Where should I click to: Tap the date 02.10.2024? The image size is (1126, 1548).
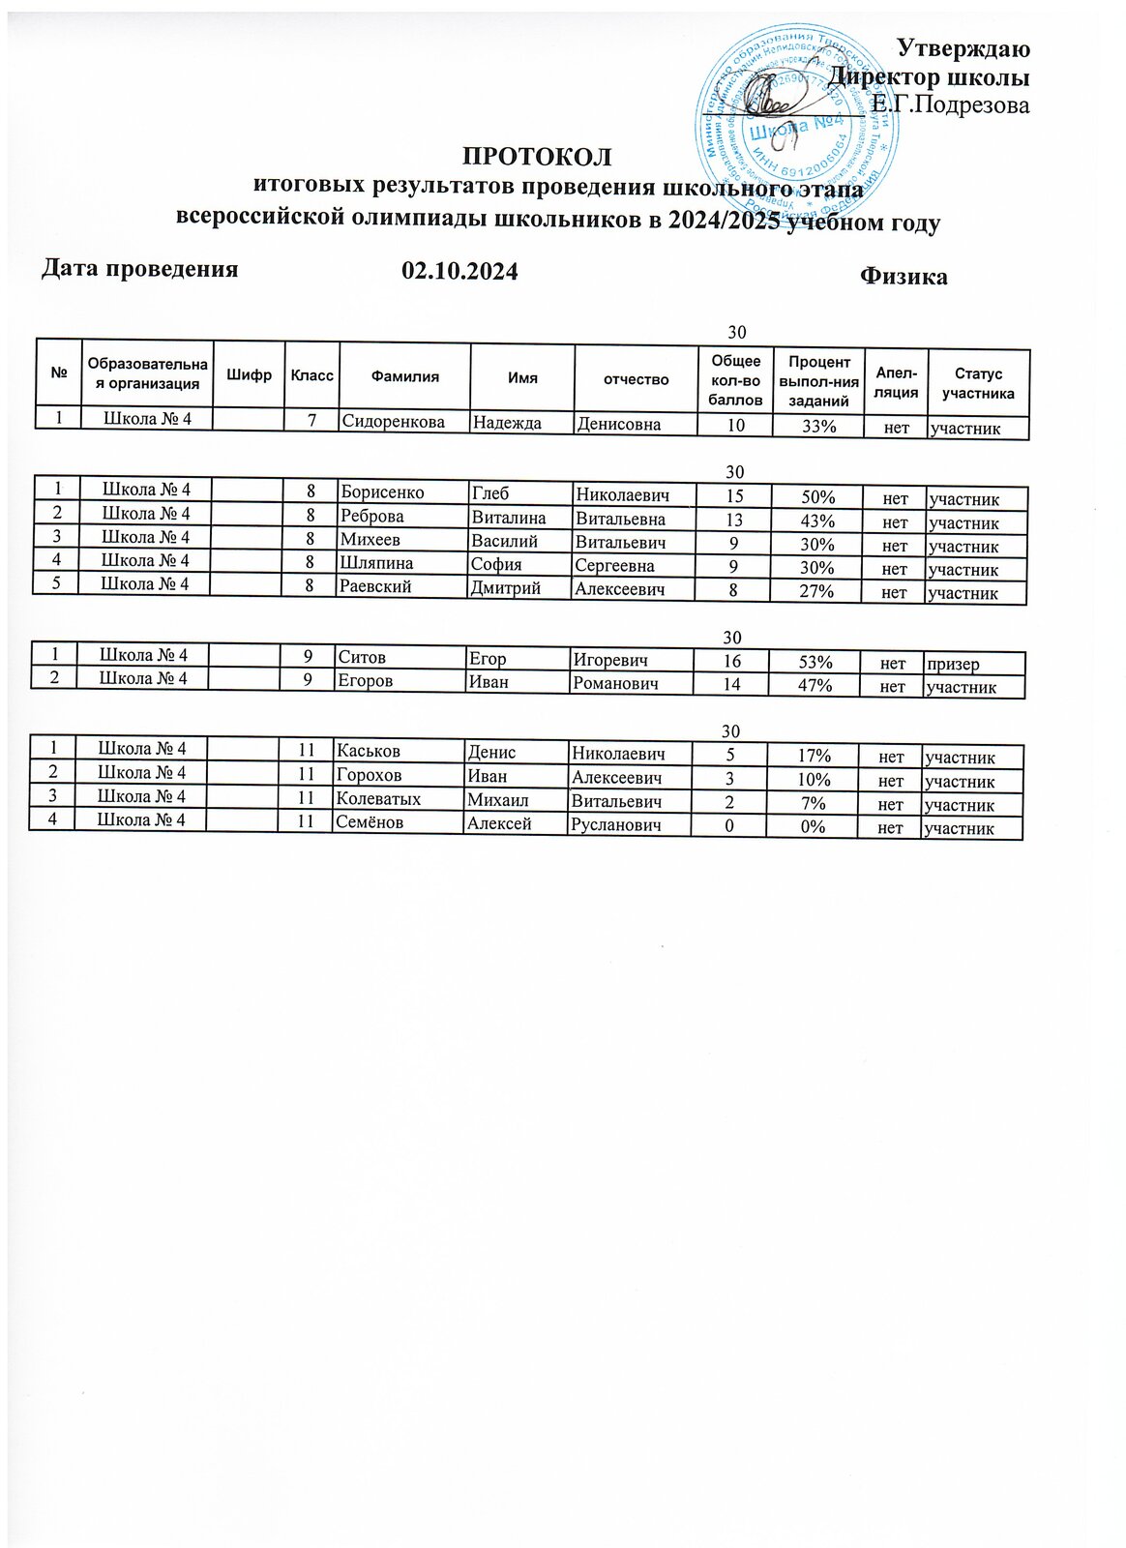pos(459,272)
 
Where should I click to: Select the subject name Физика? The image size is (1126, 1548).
pos(904,277)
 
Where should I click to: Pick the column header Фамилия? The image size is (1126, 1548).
pos(404,377)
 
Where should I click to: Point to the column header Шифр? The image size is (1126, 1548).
pos(249,375)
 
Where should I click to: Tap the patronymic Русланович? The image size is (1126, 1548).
pos(616,825)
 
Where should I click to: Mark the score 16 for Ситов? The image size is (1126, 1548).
pos(731,662)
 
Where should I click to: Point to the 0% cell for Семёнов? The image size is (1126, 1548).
pos(813,828)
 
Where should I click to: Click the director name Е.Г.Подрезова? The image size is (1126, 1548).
pos(950,104)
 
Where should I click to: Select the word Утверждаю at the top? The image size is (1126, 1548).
pos(963,47)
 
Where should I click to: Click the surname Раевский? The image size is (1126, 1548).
pos(374,587)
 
